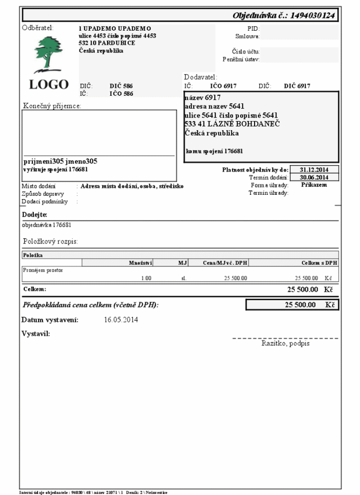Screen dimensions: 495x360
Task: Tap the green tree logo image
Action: [49, 53]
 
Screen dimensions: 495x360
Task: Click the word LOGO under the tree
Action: [49, 84]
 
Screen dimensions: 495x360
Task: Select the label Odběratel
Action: [38, 28]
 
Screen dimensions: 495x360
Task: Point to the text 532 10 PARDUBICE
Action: [106, 43]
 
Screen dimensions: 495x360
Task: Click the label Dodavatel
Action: [201, 77]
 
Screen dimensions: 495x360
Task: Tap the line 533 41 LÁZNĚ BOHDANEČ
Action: [232, 124]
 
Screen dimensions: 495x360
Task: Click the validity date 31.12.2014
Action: [314, 169]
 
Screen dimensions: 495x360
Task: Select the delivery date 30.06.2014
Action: [314, 177]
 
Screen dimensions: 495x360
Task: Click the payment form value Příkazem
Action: [314, 185]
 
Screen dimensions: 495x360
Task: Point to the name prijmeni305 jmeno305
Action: [60, 161]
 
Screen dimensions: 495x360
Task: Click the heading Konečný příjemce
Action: [52, 106]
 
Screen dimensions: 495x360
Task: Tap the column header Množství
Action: [141, 262]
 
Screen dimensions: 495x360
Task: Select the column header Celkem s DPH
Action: [319, 262]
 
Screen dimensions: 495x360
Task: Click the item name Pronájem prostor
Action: [43, 270]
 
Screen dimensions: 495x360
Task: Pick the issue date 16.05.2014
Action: [121, 320]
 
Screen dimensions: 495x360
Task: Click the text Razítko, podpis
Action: [285, 344]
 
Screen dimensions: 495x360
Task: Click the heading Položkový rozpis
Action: [50, 241]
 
